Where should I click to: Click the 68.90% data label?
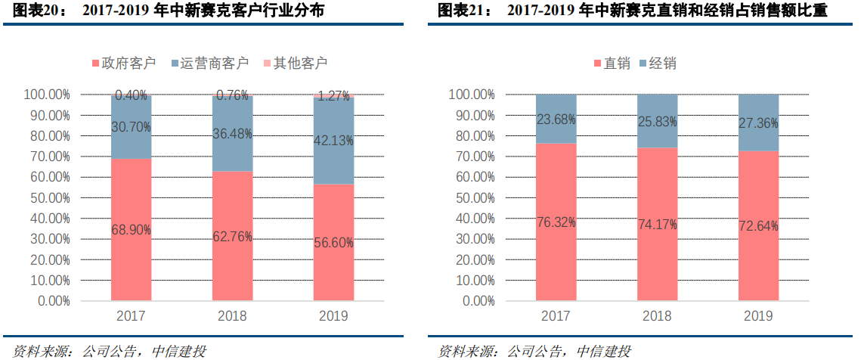[132, 228]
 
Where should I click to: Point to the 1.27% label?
[333, 96]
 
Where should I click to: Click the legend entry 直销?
[612, 64]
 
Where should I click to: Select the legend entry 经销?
[656, 64]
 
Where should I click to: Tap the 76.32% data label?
[556, 222]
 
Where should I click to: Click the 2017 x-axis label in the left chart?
[132, 315]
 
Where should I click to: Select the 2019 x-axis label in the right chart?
[758, 315]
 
